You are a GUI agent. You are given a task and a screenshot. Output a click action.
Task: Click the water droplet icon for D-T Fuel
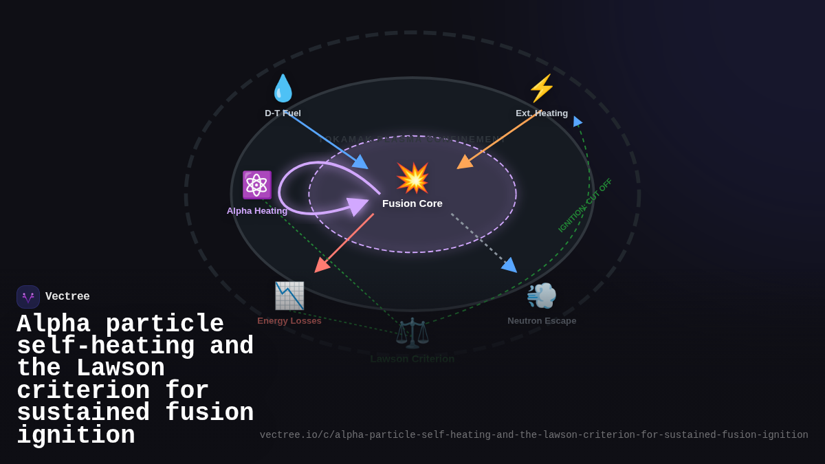coord(283,89)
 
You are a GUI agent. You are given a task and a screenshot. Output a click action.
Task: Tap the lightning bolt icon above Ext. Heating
coord(542,89)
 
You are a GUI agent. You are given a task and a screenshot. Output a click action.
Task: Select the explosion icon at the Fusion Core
coord(412,178)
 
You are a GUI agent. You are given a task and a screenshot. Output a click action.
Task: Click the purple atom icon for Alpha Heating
coord(256,185)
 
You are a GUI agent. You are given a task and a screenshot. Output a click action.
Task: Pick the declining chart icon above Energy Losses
coord(289,296)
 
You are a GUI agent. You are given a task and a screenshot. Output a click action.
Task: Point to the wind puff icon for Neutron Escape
coord(542,296)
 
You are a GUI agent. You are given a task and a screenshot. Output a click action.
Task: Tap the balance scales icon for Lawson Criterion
coord(412,333)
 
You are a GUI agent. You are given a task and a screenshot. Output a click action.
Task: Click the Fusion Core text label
coord(412,203)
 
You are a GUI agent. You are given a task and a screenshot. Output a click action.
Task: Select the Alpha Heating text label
coord(257,211)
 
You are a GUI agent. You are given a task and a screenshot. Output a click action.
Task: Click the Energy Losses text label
coord(289,321)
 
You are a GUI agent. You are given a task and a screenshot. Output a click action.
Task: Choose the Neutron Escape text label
coord(542,321)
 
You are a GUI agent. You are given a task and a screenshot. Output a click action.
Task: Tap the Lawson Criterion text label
coord(412,359)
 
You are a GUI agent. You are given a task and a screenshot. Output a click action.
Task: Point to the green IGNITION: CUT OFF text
coord(585,205)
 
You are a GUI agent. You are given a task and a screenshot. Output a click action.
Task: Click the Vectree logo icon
coord(28,297)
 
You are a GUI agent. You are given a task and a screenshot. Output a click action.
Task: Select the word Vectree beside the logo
coord(67,297)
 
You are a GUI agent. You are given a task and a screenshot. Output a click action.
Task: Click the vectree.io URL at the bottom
coord(533,435)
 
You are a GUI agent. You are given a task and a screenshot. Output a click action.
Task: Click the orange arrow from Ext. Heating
coord(496,140)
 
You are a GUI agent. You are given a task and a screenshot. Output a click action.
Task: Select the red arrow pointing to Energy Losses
coord(344,243)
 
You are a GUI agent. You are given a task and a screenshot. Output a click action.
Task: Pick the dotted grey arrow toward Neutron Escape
coord(483,243)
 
